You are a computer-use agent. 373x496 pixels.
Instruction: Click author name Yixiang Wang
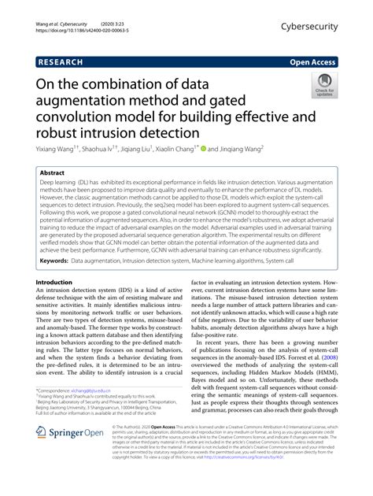58,146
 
